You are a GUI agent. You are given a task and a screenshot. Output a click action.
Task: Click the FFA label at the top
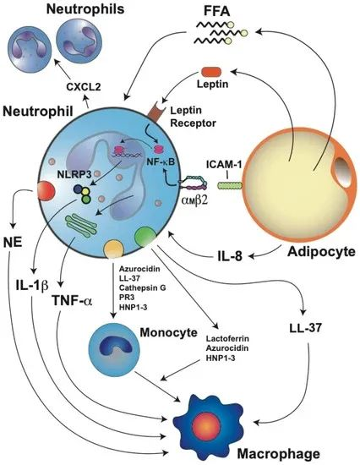point(216,11)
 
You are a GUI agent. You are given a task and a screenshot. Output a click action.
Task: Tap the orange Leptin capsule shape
point(211,72)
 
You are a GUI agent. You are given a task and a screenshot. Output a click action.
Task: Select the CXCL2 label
point(84,87)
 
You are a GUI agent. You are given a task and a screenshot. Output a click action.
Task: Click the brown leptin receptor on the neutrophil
point(155,112)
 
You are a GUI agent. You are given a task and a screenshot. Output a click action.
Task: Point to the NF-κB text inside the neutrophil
point(161,162)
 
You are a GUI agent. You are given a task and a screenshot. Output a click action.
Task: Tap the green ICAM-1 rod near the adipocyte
point(230,186)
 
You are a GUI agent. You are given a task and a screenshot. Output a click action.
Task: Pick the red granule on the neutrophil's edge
point(46,191)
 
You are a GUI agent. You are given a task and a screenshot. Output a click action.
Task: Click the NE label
point(13,243)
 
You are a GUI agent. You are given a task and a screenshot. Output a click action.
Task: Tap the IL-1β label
point(32,286)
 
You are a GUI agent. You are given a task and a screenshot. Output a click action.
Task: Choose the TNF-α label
point(72,300)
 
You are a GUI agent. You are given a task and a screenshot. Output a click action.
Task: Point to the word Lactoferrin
point(227,339)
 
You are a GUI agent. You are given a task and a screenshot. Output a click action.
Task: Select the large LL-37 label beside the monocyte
point(305,328)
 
